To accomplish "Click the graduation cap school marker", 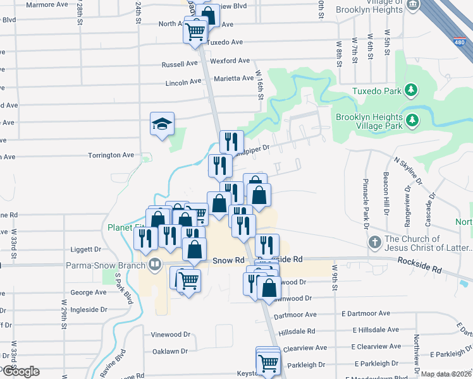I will tap(162, 124).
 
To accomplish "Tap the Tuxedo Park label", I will tap(378, 91).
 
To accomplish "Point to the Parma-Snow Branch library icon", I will tap(154, 264).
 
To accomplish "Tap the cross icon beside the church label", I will tap(374, 243).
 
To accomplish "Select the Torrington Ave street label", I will tap(111, 155).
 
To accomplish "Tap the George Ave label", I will tap(88, 292).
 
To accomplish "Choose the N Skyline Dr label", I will tap(411, 169).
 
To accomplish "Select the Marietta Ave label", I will tap(236, 78).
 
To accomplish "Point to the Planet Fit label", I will tap(120, 227).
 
